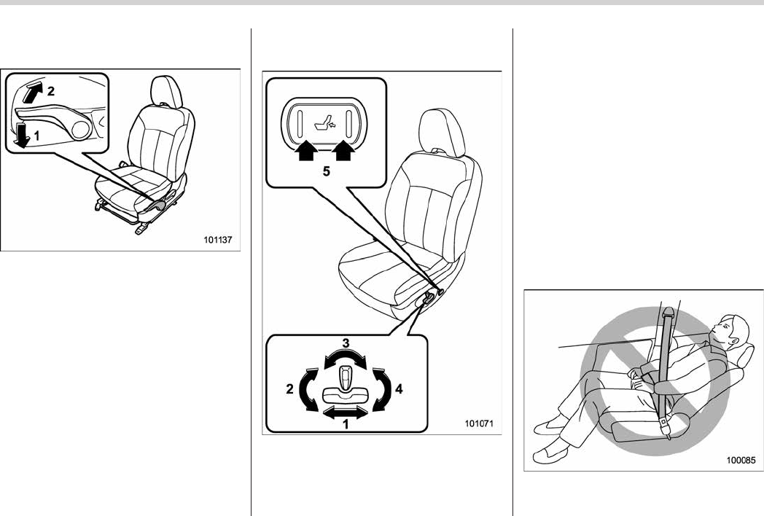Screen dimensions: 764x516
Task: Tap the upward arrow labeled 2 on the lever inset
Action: [31, 92]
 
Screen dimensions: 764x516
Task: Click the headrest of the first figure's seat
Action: [165, 92]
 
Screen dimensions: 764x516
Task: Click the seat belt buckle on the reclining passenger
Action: [666, 423]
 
